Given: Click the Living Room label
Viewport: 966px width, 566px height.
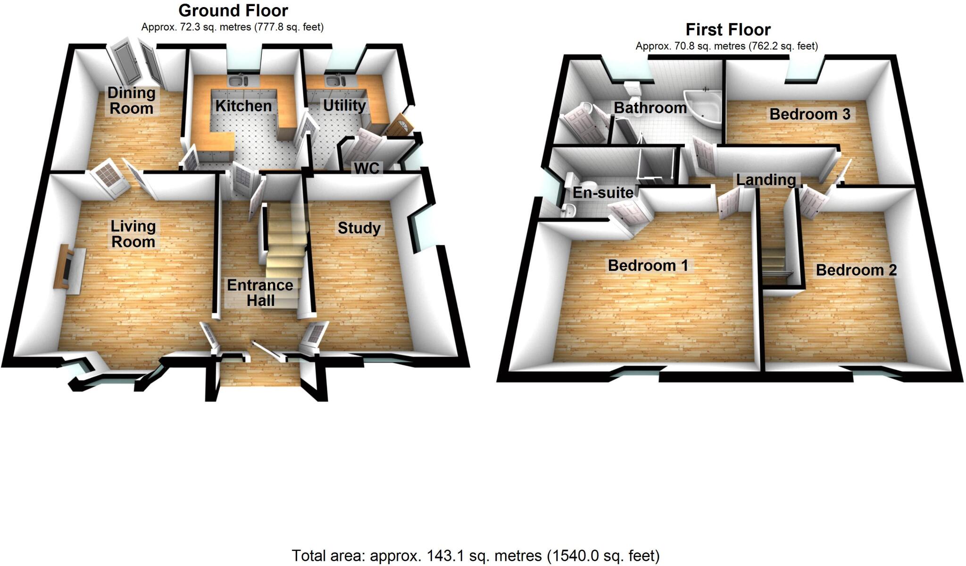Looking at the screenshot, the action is point(133,234).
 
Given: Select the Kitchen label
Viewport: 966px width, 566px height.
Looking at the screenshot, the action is point(243,106).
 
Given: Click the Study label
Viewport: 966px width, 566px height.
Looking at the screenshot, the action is point(359,228).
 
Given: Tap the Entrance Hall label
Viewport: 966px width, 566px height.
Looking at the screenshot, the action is point(260,293).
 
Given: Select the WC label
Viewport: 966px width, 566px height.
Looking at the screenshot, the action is point(367,168).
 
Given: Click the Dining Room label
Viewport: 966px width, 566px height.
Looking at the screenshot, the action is point(131,100).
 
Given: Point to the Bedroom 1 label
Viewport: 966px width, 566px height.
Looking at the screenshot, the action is point(648,265).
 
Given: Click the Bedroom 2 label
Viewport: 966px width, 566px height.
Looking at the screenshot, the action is point(856,270).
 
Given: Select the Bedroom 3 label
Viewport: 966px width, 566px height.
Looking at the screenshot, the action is point(810,114).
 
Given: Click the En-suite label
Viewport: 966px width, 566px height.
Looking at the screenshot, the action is point(603,193).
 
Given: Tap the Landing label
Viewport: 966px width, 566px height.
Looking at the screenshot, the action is point(766,179).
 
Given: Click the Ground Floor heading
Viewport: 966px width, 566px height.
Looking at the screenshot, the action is point(233,10).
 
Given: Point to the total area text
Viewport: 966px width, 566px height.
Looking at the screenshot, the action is point(475,556).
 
